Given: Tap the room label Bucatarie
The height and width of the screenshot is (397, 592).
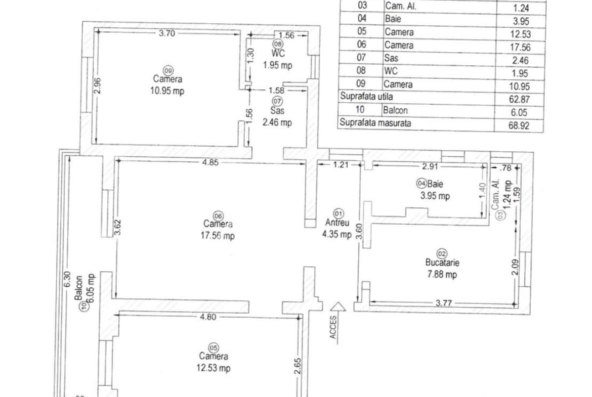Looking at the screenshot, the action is pyautogui.click(x=442, y=262).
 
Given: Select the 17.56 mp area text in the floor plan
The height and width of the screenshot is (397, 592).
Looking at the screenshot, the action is pyautogui.click(x=218, y=236).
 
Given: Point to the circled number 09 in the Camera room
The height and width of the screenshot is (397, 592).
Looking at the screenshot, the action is pyautogui.click(x=168, y=71).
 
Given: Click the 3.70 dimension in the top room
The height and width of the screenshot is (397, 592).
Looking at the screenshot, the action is pyautogui.click(x=167, y=33).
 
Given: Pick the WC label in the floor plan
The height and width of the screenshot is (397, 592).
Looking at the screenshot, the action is pyautogui.click(x=278, y=54).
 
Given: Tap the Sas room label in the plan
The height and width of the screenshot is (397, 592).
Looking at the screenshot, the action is pyautogui.click(x=277, y=111).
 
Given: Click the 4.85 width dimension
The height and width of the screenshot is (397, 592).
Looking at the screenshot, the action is pyautogui.click(x=210, y=163).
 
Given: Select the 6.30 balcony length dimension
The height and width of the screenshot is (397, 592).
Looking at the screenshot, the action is pyautogui.click(x=67, y=280).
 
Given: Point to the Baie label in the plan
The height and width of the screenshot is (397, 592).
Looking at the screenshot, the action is pyautogui.click(x=435, y=184).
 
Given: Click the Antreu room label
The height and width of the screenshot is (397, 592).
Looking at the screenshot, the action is pyautogui.click(x=337, y=223).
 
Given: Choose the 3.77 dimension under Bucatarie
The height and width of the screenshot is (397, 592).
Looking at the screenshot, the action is pyautogui.click(x=444, y=303).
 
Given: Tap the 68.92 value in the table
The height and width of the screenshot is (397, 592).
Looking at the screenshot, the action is pyautogui.click(x=519, y=125).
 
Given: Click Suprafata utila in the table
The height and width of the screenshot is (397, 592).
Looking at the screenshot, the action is pyautogui.click(x=366, y=96).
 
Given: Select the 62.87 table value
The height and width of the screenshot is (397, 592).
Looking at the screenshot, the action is pyautogui.click(x=519, y=100).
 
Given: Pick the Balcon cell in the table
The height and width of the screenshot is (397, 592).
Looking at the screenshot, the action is pyautogui.click(x=395, y=110).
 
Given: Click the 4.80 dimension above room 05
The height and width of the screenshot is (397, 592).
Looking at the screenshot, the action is pyautogui.click(x=208, y=317).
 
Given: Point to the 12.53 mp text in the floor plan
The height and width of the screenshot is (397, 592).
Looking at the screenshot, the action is pyautogui.click(x=214, y=368).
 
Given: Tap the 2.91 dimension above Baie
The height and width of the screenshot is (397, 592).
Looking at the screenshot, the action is pyautogui.click(x=430, y=166).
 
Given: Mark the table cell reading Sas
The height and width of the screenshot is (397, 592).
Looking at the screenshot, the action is pyautogui.click(x=391, y=58).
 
